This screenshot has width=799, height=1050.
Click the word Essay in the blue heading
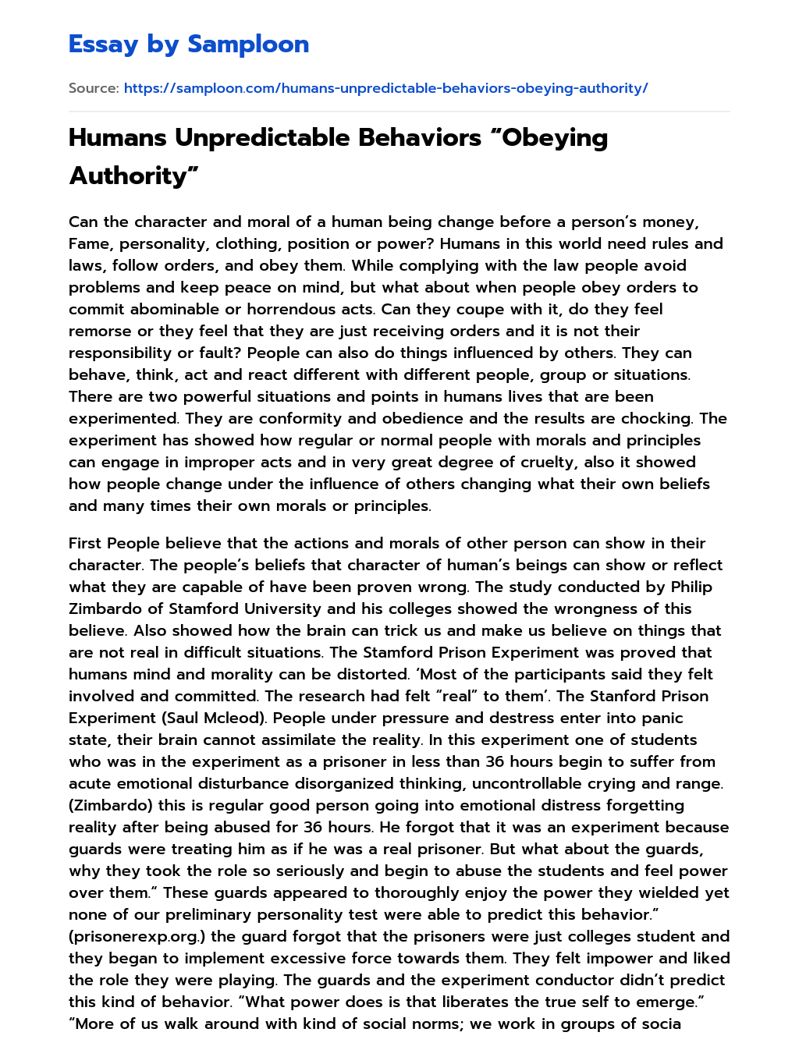(104, 44)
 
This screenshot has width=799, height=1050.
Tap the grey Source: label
(94, 88)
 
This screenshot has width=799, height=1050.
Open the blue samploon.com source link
(385, 88)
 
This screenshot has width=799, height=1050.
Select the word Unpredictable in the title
(261, 138)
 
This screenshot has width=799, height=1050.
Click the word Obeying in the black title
(553, 138)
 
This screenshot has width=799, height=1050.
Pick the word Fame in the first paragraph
(89, 243)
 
